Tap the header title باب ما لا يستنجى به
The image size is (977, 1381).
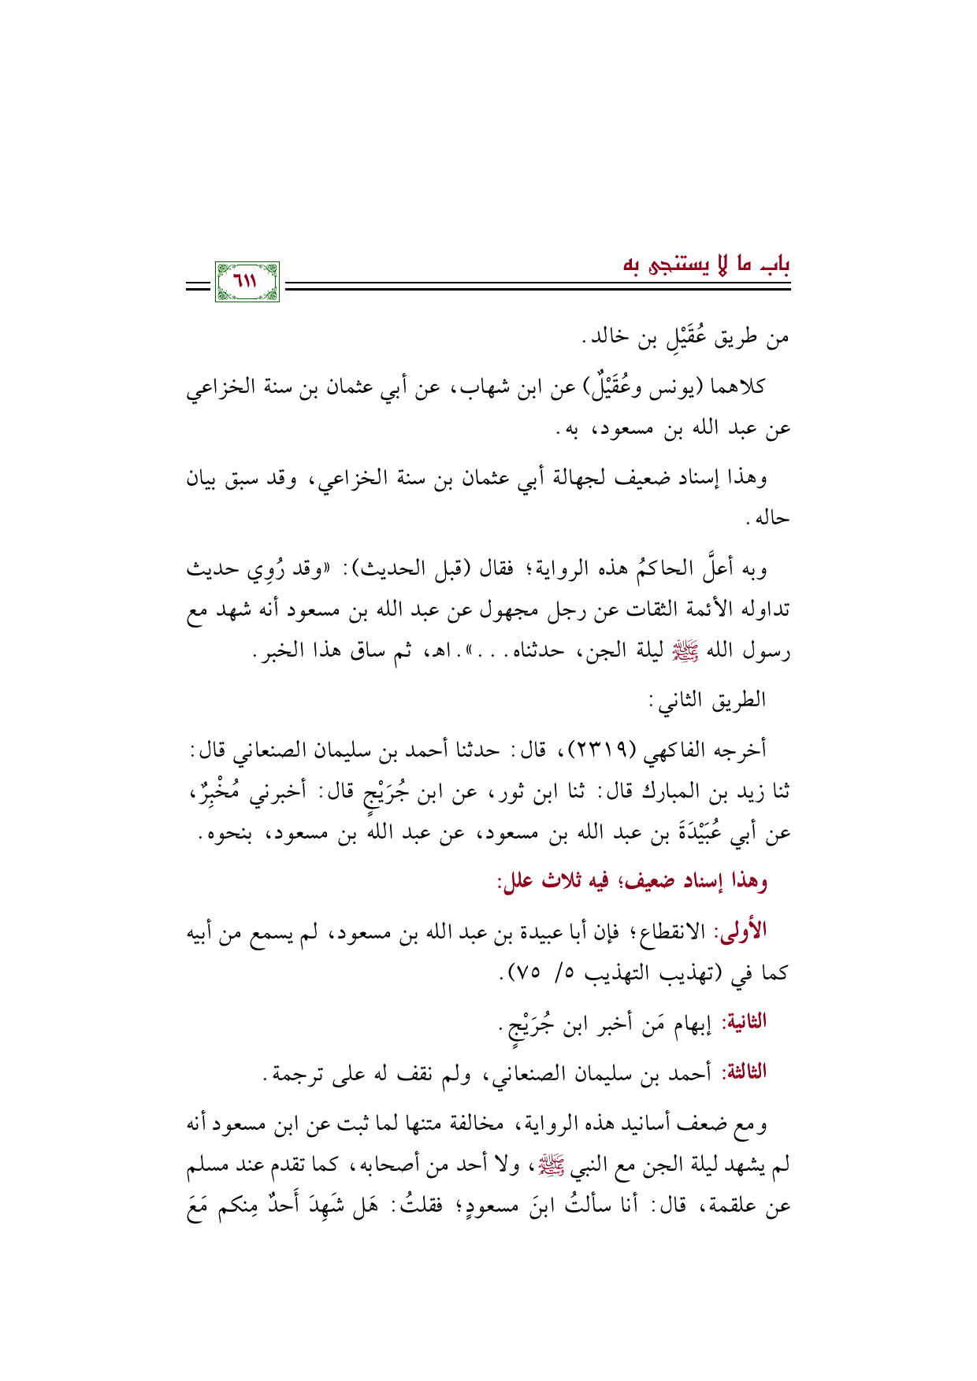707,265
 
